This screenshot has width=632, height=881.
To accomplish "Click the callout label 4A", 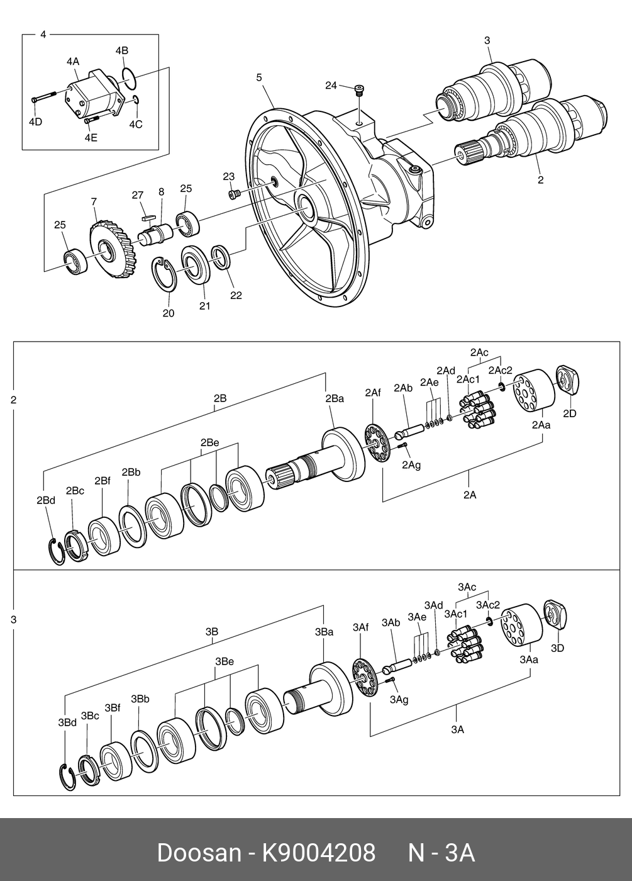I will click(x=73, y=61).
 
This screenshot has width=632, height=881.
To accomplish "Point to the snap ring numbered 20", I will click(x=165, y=275).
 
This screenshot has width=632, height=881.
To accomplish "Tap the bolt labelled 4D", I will click(x=43, y=97).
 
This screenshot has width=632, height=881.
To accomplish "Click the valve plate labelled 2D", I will click(x=568, y=381).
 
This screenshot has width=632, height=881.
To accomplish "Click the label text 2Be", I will click(x=209, y=442).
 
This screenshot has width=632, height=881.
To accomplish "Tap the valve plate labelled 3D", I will click(x=555, y=615).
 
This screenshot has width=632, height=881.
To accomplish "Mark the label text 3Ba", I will click(x=324, y=632).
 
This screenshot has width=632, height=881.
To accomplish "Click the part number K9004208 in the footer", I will click(x=319, y=853).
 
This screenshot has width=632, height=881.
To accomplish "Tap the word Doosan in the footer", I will click(x=199, y=853).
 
